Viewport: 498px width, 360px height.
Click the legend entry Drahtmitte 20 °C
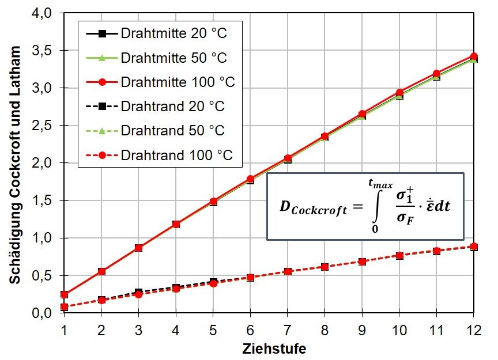click(157, 33)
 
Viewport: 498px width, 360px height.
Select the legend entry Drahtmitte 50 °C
click(157, 58)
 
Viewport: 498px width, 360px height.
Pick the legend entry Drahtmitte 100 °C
click(160, 82)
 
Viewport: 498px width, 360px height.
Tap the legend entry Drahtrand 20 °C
click(155, 107)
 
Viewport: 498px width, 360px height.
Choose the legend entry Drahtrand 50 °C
click(155, 131)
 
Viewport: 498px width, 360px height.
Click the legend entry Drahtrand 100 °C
click(159, 156)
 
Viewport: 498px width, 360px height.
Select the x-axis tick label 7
click(288, 331)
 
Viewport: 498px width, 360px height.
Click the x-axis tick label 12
click(474, 331)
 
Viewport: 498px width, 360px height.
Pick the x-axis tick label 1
click(64, 331)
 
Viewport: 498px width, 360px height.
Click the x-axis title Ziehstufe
click(274, 349)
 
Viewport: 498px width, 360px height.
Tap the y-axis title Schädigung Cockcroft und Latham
click(15, 165)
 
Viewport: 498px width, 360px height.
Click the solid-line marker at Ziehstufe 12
click(474, 57)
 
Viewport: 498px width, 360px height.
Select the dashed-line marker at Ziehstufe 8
click(325, 267)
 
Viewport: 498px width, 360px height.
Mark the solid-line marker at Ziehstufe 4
click(176, 225)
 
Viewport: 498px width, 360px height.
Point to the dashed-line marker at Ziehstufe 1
click(64, 306)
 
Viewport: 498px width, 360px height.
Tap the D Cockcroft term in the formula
click(313, 207)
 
